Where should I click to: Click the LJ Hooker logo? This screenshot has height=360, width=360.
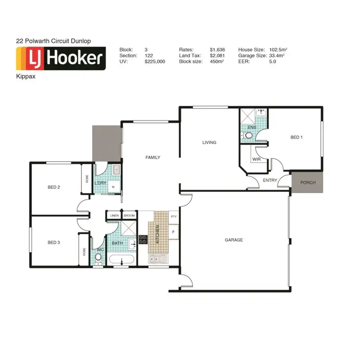(x=61, y=59)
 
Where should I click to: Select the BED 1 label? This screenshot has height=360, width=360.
(x=297, y=137)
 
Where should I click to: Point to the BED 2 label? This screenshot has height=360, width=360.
(x=54, y=187)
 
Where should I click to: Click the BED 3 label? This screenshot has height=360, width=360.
(x=54, y=242)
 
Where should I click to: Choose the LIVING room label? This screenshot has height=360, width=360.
(x=209, y=143)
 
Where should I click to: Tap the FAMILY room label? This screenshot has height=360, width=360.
(x=153, y=157)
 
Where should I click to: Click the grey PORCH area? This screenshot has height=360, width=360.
(x=308, y=182)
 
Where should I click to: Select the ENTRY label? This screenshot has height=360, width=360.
(x=270, y=180)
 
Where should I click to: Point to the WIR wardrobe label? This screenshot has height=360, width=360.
(x=256, y=159)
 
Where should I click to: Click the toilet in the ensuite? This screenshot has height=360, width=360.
(x=248, y=136)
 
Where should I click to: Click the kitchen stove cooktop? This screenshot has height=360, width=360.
(x=143, y=239)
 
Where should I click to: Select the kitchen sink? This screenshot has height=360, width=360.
(x=158, y=260)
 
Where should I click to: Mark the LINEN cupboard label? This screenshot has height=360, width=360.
(x=114, y=216)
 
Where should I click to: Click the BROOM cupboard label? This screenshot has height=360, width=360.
(x=130, y=216)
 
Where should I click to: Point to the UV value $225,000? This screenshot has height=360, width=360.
(x=155, y=62)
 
